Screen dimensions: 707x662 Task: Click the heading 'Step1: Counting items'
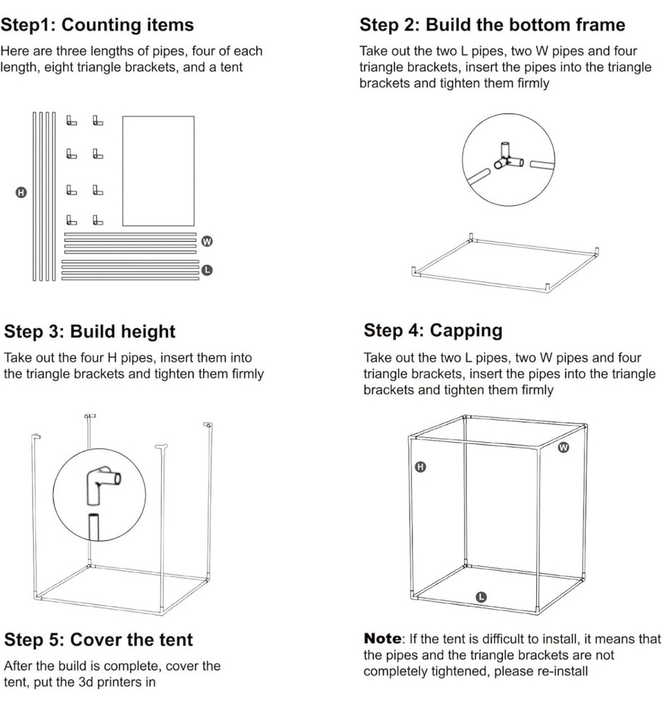97,26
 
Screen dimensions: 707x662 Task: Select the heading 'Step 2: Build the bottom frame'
492,25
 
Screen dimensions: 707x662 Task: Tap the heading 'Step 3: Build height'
90,332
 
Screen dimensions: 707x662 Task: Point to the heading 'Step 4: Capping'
433,330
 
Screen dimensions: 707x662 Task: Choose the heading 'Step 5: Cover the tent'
98,640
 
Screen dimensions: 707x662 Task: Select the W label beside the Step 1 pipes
207,241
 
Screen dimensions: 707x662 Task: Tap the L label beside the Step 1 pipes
207,269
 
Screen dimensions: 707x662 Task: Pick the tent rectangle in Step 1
158,170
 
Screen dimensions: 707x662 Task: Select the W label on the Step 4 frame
564,447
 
